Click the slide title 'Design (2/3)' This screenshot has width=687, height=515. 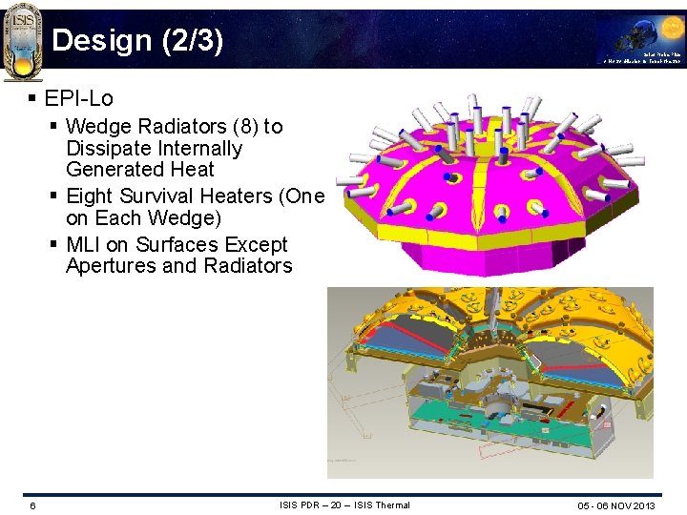point(137,41)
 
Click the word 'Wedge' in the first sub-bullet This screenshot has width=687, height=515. point(98,127)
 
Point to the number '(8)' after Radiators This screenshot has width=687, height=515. point(244,127)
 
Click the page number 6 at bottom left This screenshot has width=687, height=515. point(32,505)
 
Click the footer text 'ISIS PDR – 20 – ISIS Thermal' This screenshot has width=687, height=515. point(344,505)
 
